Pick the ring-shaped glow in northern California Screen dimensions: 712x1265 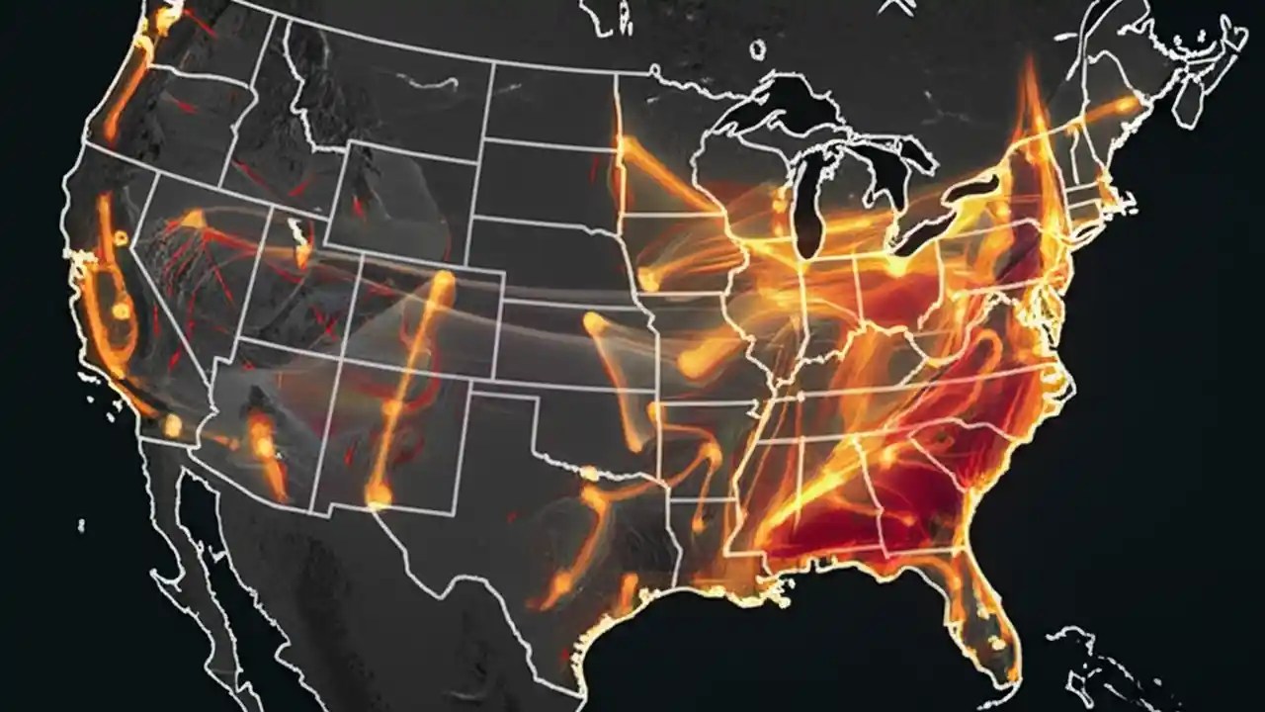[121, 237]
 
